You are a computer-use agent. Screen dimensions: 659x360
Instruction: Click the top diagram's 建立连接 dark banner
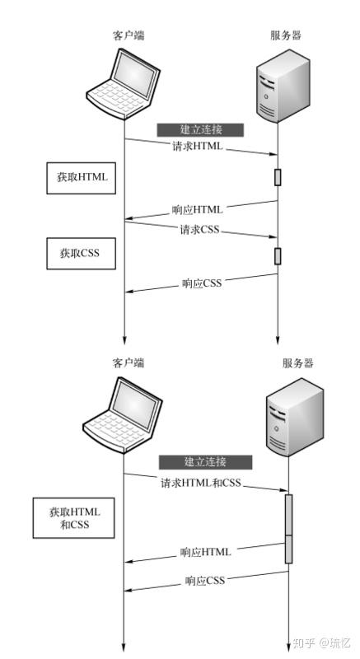(201, 129)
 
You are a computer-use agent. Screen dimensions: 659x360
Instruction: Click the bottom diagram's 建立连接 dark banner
(205, 461)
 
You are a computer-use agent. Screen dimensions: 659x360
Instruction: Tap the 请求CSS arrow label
(200, 230)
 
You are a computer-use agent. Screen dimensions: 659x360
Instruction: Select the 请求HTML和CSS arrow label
(201, 483)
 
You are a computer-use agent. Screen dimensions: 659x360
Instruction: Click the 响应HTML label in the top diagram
(198, 209)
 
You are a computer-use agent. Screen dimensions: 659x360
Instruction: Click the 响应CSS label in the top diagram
(203, 284)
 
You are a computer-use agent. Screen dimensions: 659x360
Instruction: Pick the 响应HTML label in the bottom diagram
(206, 551)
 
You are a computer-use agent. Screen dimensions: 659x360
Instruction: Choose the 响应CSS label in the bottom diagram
(205, 581)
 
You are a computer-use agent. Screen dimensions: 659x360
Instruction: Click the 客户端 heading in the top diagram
(129, 35)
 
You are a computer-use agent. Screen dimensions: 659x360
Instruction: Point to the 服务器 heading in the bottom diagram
(297, 363)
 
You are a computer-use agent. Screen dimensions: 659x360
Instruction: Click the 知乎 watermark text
(305, 643)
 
